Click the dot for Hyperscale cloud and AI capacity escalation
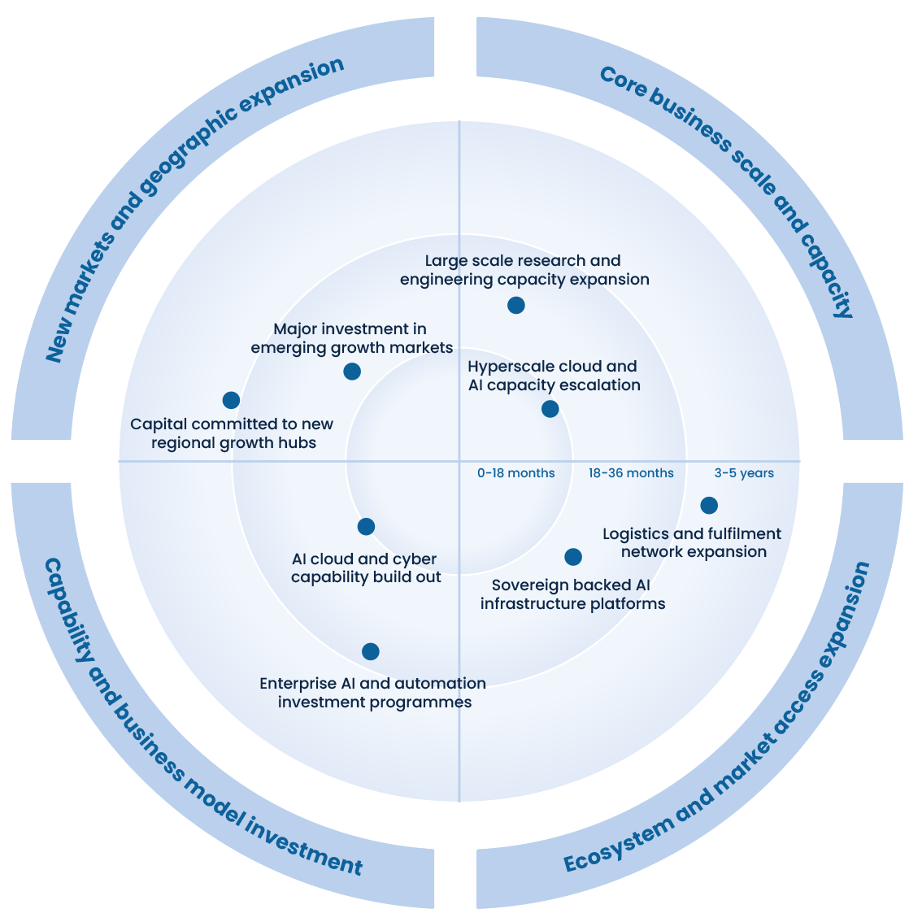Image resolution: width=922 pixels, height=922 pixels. coord(550,409)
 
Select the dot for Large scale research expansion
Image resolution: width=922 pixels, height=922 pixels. coord(515,306)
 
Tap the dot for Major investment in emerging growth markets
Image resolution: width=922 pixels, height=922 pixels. coord(352,372)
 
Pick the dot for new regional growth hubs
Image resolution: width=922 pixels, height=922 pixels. coord(231,400)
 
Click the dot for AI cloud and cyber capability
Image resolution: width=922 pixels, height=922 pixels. coord(366,527)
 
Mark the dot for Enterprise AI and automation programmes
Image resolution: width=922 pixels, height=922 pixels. coord(371,651)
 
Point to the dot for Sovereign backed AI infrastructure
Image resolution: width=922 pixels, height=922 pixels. coord(573,557)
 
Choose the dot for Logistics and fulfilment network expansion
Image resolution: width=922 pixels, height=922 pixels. coord(709,506)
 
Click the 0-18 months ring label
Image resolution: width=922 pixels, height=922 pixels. coord(516,473)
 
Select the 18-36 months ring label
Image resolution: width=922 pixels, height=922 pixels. coord(631,473)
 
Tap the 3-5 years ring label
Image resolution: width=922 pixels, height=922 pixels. coord(744,473)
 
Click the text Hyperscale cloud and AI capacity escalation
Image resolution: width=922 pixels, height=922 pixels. coord(554,376)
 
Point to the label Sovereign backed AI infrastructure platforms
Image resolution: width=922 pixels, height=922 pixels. coord(572,594)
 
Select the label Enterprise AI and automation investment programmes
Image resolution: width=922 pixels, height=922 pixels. coord(373,693)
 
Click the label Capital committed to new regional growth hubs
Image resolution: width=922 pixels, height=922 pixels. coord(233,433)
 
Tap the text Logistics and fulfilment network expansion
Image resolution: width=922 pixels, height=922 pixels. coord(693,542)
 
